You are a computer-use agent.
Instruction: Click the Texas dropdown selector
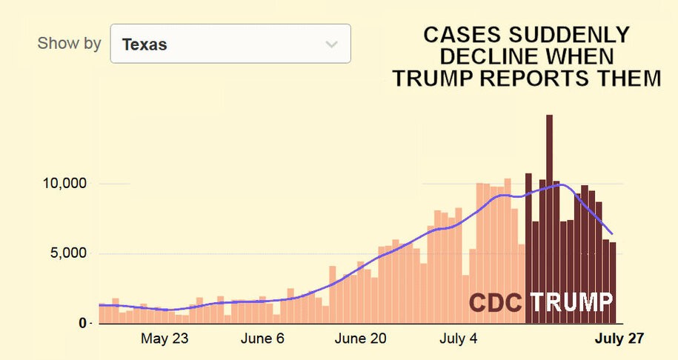point(230,44)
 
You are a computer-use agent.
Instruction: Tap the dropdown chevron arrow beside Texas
point(331,44)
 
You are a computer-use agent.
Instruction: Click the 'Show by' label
point(69,43)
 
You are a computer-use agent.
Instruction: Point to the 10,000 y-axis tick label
point(62,184)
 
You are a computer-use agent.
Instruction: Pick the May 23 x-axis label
point(164,339)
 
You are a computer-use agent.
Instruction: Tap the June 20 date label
point(360,339)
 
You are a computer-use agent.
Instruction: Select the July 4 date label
point(458,339)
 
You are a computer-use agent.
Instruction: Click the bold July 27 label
point(620,339)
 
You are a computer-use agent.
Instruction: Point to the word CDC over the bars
point(496,302)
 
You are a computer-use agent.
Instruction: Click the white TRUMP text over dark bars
point(571,302)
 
